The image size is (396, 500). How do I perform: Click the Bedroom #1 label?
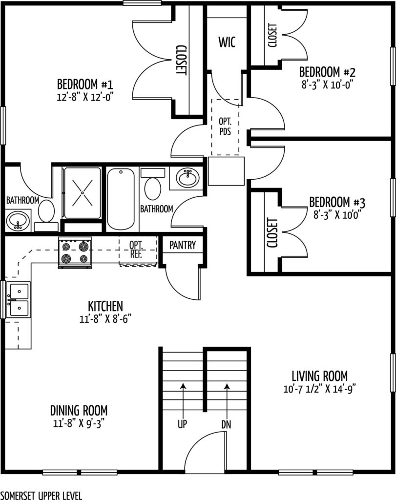coord(85,84)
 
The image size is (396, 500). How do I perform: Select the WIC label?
coord(227,42)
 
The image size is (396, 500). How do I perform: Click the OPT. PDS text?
coord(225,126)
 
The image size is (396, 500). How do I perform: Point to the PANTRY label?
coord(183,245)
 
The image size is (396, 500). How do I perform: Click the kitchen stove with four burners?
coord(75,252)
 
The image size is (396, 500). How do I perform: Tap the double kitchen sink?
coord(19,300)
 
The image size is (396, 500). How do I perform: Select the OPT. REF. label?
coord(136,250)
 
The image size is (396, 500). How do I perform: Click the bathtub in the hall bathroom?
coord(121,199)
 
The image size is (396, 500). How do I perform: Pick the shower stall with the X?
coord(83,192)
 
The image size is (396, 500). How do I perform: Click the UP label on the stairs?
coord(183,424)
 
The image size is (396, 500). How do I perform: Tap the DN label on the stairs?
coord(226,424)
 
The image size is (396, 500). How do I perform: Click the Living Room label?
coord(319,375)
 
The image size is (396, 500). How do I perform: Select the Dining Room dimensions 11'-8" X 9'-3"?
coord(79,424)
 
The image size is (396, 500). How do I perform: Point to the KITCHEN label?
coord(105,306)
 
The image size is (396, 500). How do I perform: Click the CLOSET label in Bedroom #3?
coord(272,233)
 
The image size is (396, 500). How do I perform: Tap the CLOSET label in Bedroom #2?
coord(272,35)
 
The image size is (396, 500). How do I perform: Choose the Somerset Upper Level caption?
coord(41,496)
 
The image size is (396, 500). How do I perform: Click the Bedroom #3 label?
coord(337,202)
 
